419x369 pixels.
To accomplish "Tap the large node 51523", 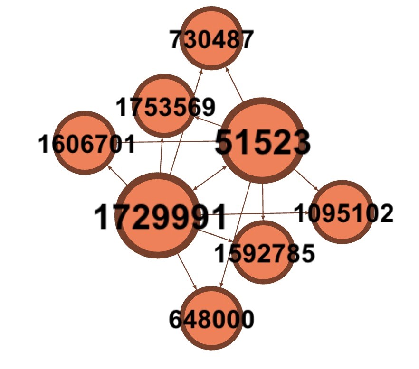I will pyautogui.click(x=262, y=141).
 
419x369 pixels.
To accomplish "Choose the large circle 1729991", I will pyautogui.click(x=159, y=216).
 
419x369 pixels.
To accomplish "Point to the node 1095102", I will pyautogui.click(x=342, y=212).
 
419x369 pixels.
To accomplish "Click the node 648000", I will pyautogui.click(x=211, y=318).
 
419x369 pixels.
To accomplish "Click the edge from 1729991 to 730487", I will pyautogui.click(x=187, y=123).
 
